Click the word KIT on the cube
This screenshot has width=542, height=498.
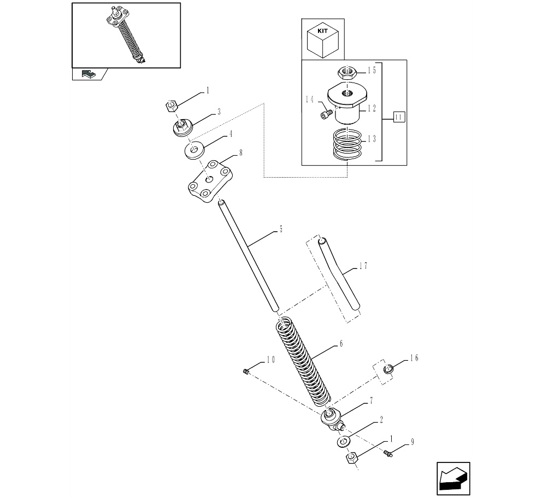coord(322,31)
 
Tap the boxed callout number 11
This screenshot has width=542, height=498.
coord(399,117)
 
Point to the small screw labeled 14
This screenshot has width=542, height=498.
coord(326,114)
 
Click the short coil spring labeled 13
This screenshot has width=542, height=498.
coord(347,145)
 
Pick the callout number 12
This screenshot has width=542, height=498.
coord(372,109)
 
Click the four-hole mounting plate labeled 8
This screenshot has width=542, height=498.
coord(209,181)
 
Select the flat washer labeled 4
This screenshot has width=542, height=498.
coord(195,150)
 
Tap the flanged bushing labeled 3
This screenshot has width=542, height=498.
coord(182,128)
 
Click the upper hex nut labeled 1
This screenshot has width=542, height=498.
coord(172,106)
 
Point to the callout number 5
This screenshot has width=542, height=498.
coord(281,229)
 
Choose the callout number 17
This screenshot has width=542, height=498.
coord(363,266)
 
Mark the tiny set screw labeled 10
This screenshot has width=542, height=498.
coord(246,372)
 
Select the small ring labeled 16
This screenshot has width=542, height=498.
coord(388,370)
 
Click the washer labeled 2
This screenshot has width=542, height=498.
coord(343,442)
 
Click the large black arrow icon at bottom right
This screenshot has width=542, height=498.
coord(453,478)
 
